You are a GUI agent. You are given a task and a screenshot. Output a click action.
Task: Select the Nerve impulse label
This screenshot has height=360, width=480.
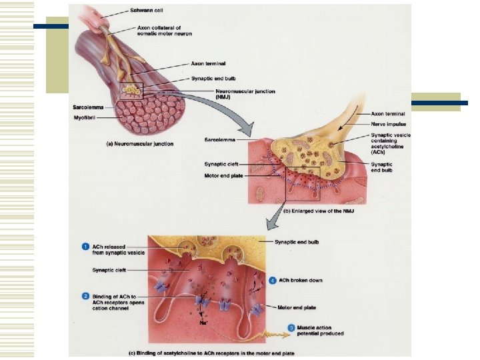(389, 124)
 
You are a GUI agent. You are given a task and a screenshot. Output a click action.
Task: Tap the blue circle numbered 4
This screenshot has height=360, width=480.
(273, 280)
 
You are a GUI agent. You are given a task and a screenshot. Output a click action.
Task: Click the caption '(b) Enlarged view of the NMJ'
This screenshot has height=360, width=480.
(318, 211)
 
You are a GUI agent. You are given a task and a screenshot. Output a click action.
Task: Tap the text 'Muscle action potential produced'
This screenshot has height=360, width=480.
(321, 330)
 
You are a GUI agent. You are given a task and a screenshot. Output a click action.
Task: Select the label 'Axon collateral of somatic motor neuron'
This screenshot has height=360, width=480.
(164, 30)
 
